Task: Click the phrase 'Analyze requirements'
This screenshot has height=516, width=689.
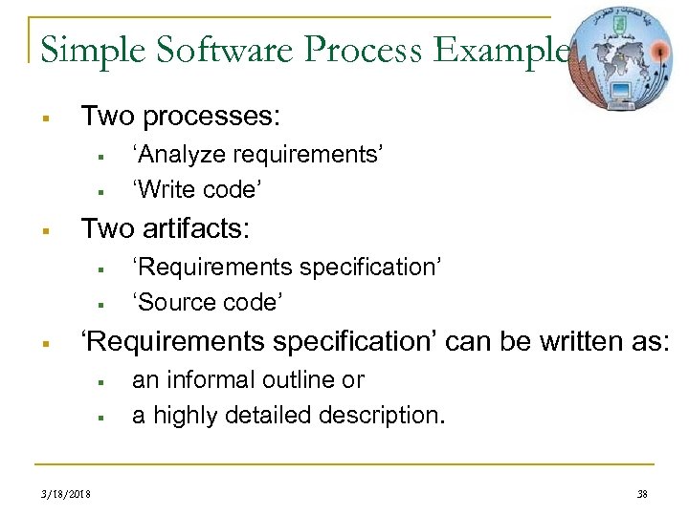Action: (257, 154)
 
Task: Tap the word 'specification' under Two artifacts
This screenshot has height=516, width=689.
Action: (369, 267)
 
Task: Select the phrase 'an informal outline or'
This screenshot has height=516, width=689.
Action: (248, 379)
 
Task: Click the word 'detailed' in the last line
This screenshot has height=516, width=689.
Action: (287, 416)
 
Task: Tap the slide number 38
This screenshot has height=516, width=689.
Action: (640, 494)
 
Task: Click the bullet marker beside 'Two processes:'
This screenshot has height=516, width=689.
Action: (45, 118)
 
